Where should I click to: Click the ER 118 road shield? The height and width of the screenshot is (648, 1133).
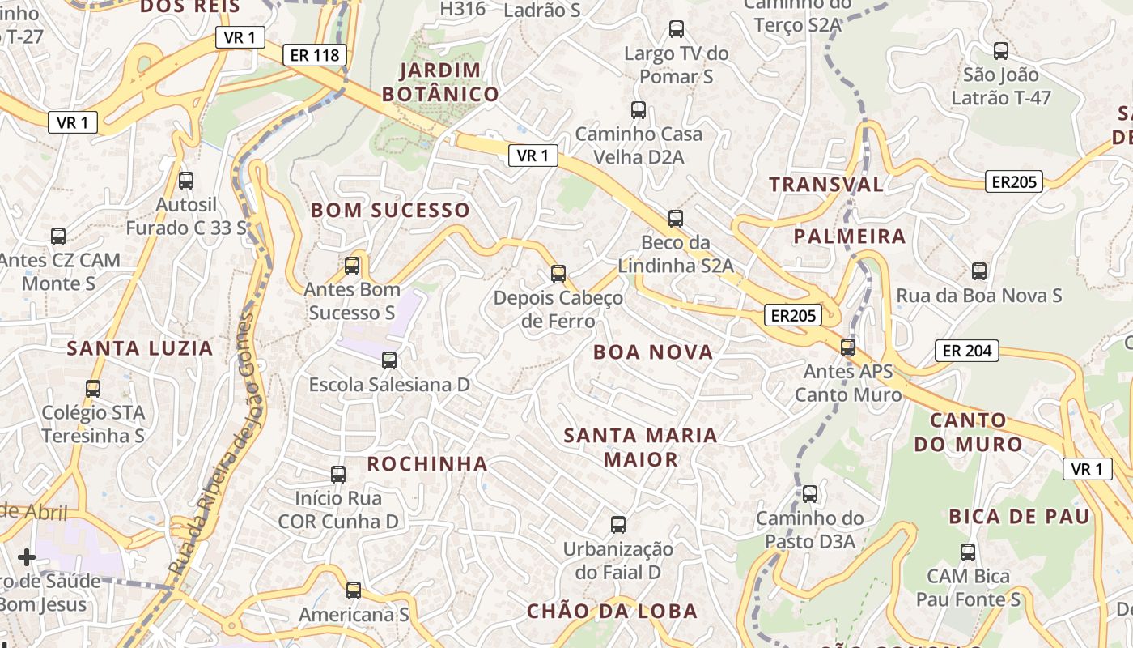(315, 55)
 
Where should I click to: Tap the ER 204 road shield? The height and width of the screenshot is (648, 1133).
(967, 351)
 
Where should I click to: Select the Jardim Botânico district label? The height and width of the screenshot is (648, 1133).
(440, 82)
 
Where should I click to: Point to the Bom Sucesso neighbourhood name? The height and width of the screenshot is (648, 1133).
(390, 210)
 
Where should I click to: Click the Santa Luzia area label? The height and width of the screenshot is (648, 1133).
(140, 348)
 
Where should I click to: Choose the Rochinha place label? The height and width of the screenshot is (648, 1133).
(427, 463)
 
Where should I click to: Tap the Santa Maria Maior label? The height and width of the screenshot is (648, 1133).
(640, 447)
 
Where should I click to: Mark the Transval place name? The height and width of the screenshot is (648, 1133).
(826, 184)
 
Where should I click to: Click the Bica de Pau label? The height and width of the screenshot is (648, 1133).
(1019, 516)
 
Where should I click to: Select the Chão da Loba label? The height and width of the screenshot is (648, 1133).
(612, 611)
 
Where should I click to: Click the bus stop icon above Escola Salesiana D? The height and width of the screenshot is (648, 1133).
(389, 360)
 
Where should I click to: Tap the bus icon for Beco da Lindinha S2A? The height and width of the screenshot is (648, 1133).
(676, 218)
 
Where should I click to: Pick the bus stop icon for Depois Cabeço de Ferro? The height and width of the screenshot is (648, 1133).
(558, 273)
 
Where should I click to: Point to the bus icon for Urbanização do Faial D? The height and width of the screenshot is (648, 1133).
(618, 524)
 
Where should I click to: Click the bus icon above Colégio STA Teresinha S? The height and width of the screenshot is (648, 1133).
(93, 388)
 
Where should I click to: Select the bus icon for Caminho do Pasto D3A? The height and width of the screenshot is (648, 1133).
(810, 493)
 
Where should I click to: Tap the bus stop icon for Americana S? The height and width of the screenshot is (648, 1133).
(354, 590)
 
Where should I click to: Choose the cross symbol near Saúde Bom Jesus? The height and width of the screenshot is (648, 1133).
(27, 556)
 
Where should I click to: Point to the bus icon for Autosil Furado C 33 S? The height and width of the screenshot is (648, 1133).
(186, 180)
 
